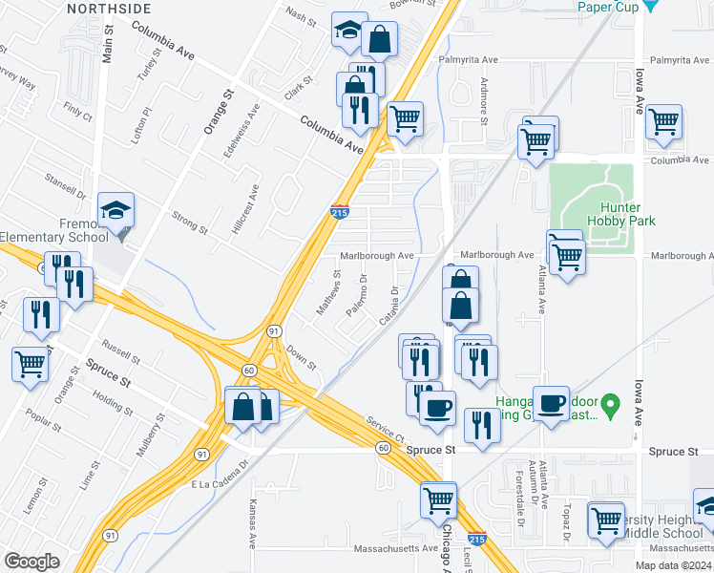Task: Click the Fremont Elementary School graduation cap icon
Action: (x=116, y=211)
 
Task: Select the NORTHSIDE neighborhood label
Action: (x=109, y=8)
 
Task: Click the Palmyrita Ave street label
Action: (x=469, y=59)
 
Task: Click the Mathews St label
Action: (x=328, y=293)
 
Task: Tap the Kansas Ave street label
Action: (x=253, y=519)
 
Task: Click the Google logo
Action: (x=31, y=562)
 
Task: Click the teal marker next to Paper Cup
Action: (x=651, y=6)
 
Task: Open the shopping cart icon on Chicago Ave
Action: (x=438, y=498)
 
